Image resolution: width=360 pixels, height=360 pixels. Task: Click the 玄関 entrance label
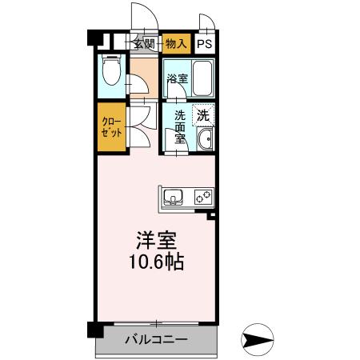(144, 44)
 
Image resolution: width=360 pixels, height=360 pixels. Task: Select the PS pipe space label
(206, 44)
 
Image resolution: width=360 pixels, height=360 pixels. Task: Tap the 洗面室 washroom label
(180, 126)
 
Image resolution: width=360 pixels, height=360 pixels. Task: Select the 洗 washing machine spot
(203, 114)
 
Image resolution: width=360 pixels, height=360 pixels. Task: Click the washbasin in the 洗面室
(205, 142)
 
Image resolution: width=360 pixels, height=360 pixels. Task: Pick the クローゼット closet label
(111, 127)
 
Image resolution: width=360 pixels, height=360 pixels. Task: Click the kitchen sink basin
(174, 196)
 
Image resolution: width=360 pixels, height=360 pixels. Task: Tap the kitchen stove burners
(202, 196)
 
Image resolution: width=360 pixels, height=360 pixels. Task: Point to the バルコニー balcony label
(157, 340)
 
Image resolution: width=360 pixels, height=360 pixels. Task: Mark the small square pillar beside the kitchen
(211, 215)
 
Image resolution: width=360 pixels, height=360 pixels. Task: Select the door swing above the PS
(206, 24)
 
